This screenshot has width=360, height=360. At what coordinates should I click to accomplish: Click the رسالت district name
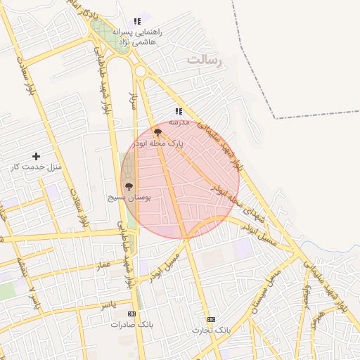pos(204,61)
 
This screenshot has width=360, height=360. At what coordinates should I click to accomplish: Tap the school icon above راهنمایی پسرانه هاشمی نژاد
pos(137,22)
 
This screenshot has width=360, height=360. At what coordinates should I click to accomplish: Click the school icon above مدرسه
pos(179,111)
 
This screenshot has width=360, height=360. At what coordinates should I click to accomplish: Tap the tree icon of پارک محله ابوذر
pos(157,131)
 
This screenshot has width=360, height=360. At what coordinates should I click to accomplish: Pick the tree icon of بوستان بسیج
pos(128,186)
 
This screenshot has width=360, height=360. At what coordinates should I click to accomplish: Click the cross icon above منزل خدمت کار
pos(36,156)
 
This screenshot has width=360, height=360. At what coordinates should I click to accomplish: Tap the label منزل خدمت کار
pos(37,167)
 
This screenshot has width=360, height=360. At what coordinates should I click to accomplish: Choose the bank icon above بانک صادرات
pos(131,314)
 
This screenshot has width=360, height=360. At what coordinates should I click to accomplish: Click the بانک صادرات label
pos(131,324)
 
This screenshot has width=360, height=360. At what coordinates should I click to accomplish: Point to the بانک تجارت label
pos(211,329)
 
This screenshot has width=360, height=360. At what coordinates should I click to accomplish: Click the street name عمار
pos(104,265)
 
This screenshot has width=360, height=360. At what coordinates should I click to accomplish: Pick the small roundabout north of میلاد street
pos(140,71)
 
